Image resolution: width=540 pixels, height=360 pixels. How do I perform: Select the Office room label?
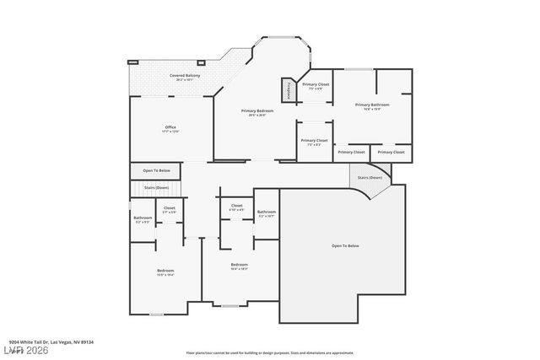(170, 129)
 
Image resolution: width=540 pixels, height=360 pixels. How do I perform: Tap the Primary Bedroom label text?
(257, 112)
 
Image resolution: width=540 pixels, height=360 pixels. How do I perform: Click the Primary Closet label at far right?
(391, 152)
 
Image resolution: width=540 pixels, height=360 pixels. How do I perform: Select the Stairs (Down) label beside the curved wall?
(370, 178)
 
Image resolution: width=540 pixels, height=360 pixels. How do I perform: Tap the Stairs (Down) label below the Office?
(156, 187)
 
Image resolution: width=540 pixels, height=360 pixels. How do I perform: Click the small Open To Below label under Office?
(156, 170)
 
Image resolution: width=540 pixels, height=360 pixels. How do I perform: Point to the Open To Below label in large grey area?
(345, 245)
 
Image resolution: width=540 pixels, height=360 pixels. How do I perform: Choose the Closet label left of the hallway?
(170, 209)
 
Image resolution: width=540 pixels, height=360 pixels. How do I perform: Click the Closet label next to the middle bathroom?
(236, 207)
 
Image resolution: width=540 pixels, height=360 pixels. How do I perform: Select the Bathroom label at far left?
(143, 220)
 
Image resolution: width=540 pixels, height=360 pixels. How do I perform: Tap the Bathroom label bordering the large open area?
(267, 213)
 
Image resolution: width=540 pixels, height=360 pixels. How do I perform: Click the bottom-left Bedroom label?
(165, 271)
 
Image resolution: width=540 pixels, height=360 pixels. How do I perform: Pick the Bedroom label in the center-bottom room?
(240, 266)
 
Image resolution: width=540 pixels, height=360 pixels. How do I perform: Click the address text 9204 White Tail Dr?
(58, 341)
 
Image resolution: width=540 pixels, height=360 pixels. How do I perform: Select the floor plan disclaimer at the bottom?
(270, 352)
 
